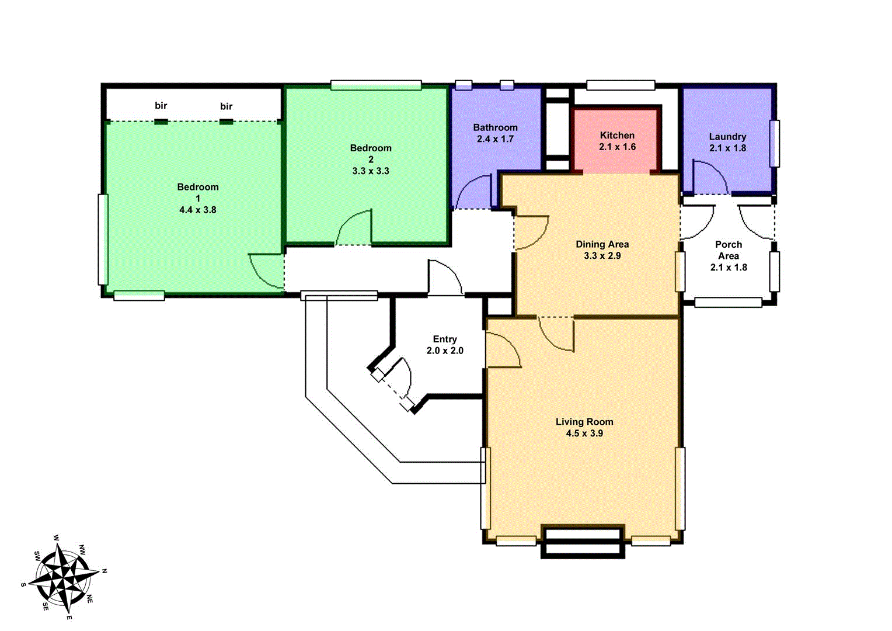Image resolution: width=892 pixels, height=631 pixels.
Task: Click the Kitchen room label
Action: coord(617,135)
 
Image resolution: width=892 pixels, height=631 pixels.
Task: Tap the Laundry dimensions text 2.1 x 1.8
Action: coord(727,148)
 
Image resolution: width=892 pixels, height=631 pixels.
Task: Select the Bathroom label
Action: coord(495,127)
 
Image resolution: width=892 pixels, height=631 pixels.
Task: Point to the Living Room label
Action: coord(584,422)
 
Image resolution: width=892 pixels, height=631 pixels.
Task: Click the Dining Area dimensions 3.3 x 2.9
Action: coord(602,256)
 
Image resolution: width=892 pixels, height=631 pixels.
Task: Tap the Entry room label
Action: coord(445,339)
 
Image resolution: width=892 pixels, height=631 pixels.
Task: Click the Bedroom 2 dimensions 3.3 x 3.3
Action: coord(371,171)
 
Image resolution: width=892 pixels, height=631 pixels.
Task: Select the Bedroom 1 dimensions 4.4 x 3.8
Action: coord(198,210)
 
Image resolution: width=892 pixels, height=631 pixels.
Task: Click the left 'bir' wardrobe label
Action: coord(161,106)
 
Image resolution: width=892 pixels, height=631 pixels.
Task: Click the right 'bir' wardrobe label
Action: coord(227,106)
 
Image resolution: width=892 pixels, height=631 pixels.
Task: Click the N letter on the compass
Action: coord(104,571)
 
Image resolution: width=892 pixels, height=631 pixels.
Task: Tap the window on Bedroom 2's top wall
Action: coord(376,85)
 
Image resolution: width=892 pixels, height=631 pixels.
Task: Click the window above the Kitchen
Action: coord(621,85)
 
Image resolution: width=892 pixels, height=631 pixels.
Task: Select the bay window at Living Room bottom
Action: coord(581,542)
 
